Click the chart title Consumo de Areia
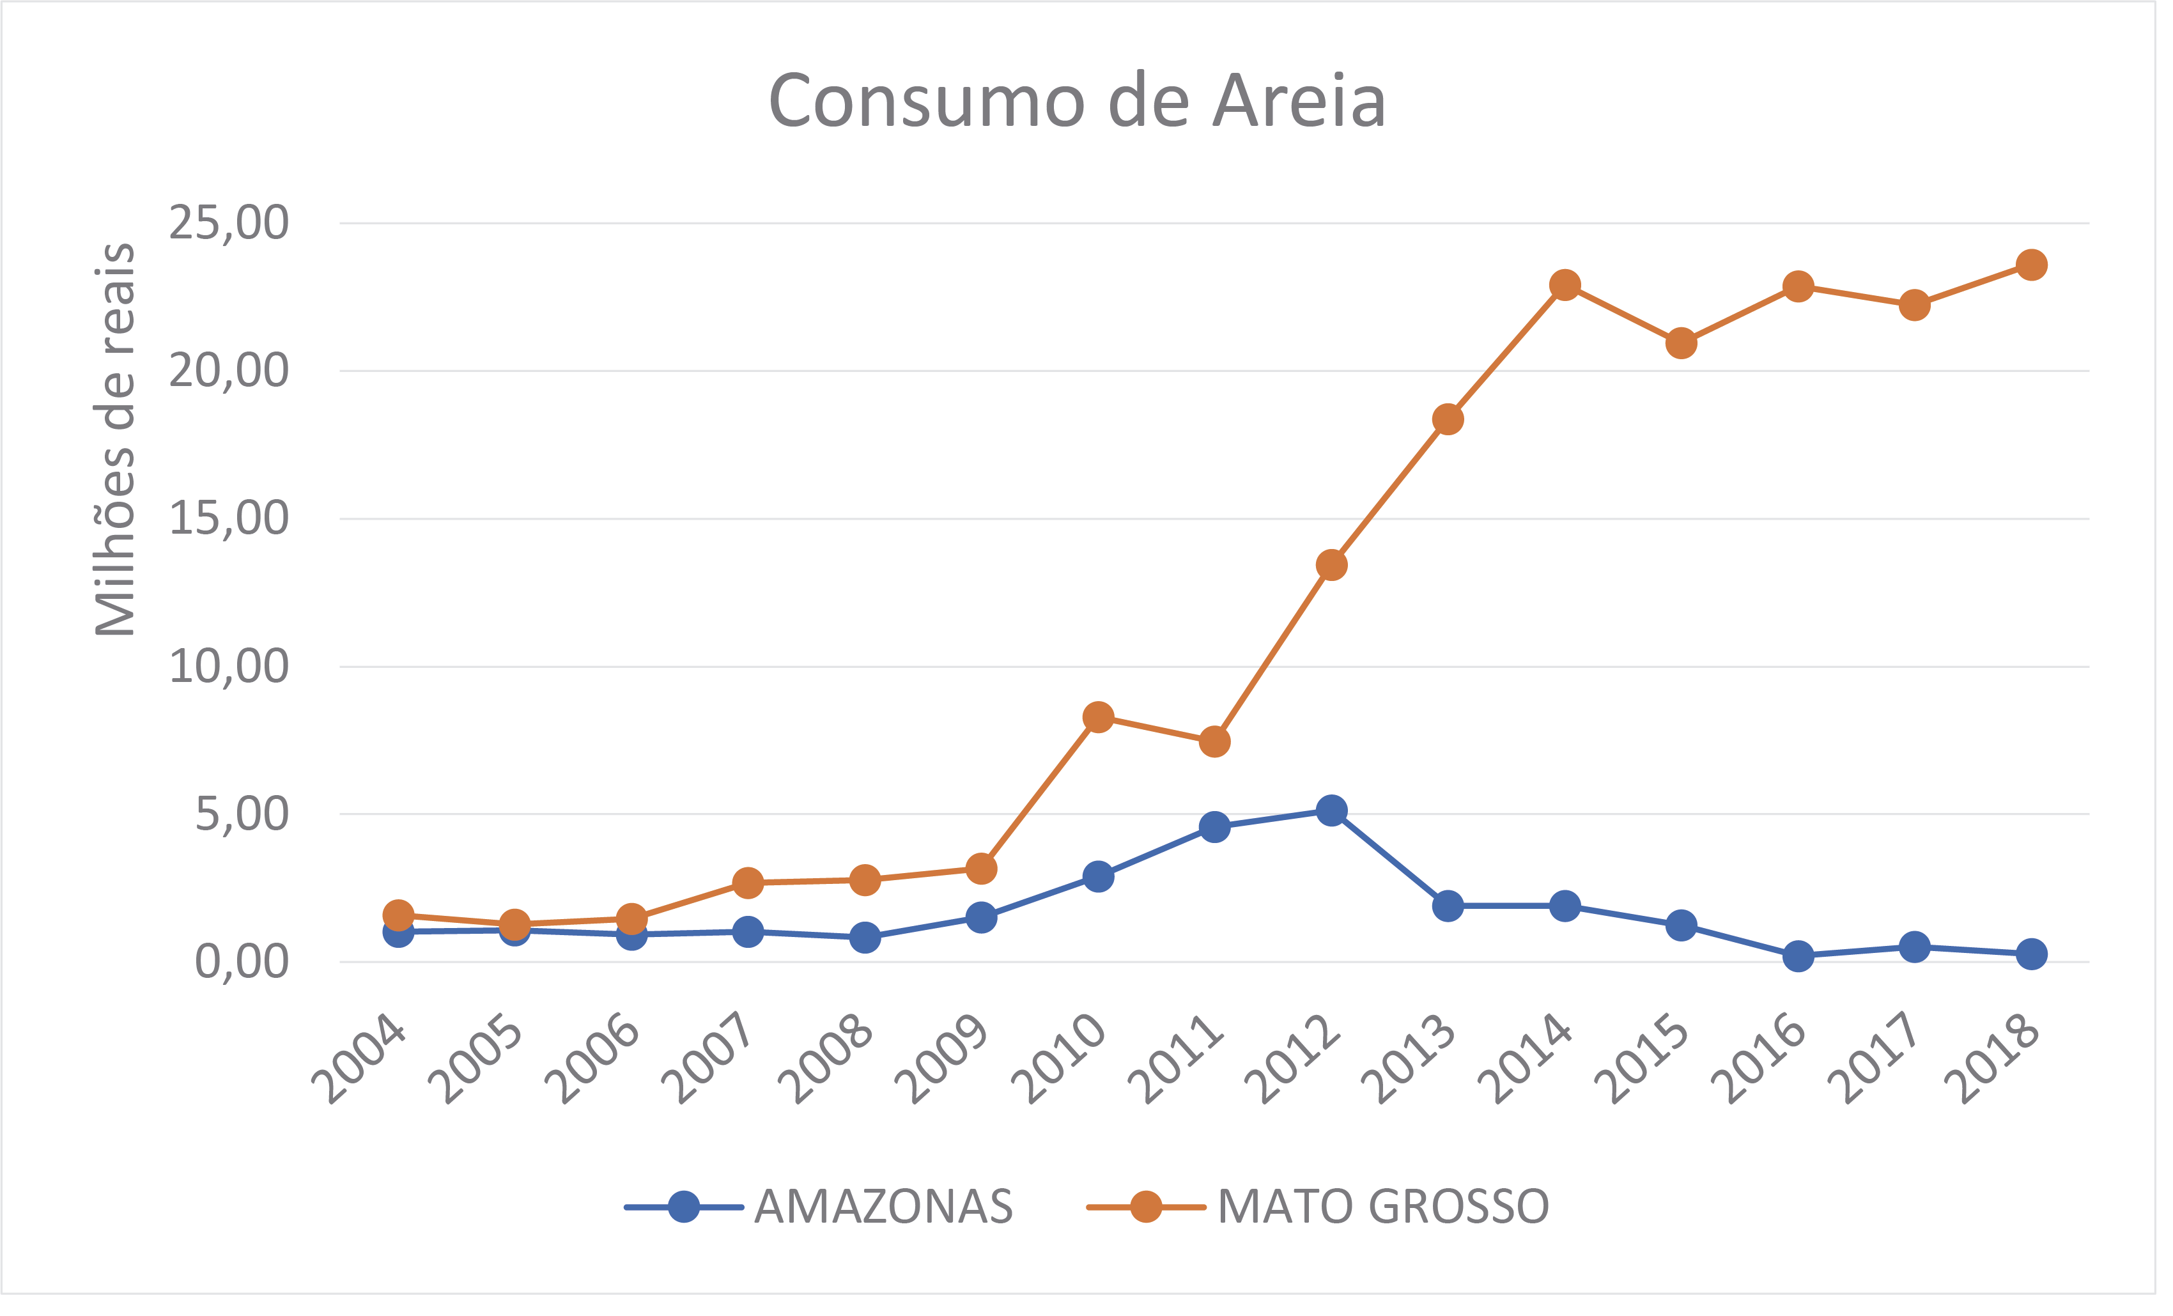tap(1077, 102)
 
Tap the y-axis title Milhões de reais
tap(116, 438)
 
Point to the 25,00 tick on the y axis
tap(228, 222)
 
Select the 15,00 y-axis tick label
tap(228, 518)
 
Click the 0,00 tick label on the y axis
tap(241, 961)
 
